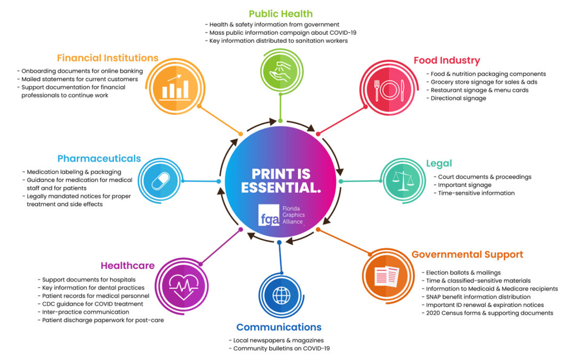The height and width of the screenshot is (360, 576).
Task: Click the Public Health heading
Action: click(x=281, y=14)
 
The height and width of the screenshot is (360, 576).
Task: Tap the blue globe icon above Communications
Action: click(x=280, y=295)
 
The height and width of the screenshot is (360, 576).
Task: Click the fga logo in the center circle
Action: click(x=268, y=215)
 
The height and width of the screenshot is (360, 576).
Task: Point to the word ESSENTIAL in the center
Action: click(x=281, y=188)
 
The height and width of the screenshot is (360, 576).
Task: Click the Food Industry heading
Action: click(x=446, y=60)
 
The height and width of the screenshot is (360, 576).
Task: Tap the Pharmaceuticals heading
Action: click(x=99, y=158)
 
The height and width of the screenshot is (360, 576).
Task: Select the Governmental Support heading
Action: click(x=467, y=254)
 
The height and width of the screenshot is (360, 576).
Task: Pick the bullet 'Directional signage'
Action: click(x=458, y=98)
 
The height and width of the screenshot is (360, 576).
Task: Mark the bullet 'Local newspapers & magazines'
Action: click(x=278, y=340)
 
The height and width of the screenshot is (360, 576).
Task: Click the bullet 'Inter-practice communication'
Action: click(x=85, y=312)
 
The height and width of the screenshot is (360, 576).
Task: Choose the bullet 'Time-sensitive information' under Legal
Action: click(x=476, y=193)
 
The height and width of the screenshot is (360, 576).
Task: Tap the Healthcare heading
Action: click(x=127, y=266)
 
